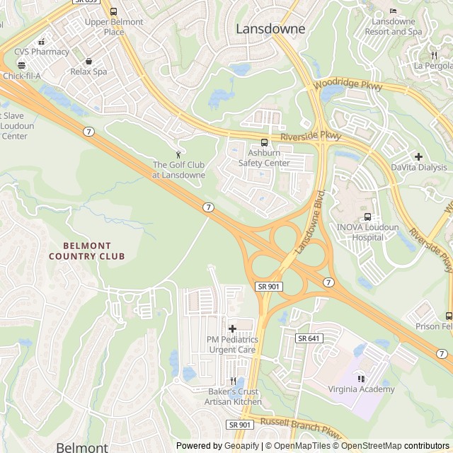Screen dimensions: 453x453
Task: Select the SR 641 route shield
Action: point(309,338)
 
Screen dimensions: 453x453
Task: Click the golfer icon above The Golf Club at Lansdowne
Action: point(178,154)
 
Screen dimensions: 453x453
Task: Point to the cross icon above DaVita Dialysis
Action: point(419,156)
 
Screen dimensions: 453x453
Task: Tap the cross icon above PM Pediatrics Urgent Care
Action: point(232,328)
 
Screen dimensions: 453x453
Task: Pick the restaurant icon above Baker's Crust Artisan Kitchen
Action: point(233,380)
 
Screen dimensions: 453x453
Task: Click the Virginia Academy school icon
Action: point(362,378)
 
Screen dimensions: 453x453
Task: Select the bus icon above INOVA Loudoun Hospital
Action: point(367,217)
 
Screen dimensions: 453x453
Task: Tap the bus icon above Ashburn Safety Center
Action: point(264,142)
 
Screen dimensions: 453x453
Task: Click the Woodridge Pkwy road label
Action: point(348,86)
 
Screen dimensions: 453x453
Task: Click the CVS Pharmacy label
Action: point(46,52)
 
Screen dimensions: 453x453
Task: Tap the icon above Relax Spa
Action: point(88,61)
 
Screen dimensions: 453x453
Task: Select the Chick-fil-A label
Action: point(21,76)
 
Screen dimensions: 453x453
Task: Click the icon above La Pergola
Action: point(433,55)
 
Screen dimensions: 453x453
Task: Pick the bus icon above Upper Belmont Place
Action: point(113,11)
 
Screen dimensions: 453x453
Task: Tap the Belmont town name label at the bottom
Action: point(82,447)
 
